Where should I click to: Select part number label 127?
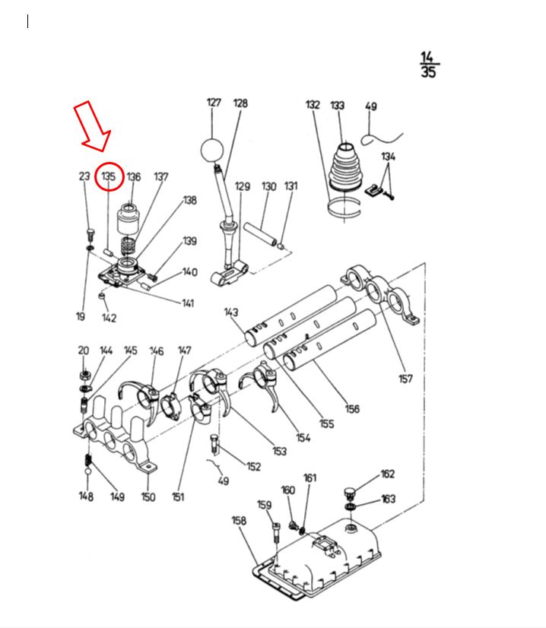214,103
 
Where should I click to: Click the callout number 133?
337,106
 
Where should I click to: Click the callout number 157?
405,379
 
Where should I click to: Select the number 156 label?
352,409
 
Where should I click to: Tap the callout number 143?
232,312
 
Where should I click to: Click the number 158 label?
239,521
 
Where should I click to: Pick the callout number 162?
388,474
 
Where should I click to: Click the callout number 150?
148,497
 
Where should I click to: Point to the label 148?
86,497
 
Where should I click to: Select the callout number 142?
110,318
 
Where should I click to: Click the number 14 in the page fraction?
429,58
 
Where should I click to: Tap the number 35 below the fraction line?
429,73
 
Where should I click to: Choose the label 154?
303,437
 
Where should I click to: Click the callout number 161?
310,478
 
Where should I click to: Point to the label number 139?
189,242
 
